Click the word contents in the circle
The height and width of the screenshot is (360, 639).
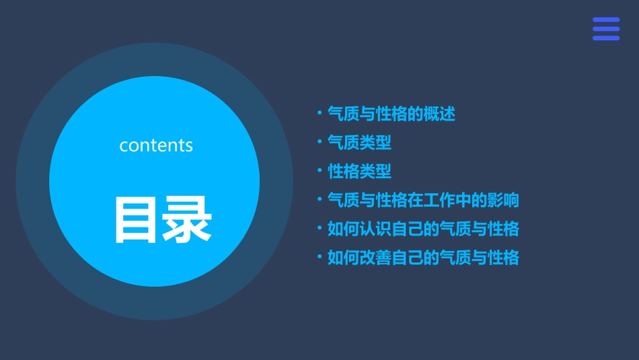[156, 145]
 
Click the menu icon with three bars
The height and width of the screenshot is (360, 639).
[605, 29]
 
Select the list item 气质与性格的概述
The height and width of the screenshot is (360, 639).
[391, 114]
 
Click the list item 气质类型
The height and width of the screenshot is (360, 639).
[359, 143]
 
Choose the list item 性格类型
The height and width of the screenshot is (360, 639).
[359, 172]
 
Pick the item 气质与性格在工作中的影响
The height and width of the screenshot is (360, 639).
[422, 200]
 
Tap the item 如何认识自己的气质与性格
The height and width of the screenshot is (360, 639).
[422, 229]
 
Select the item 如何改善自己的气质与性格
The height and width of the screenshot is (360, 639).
[422, 258]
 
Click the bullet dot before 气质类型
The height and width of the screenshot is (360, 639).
[319, 142]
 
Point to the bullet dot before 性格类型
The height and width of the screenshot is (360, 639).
[319, 171]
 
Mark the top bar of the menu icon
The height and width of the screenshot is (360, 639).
[605, 20]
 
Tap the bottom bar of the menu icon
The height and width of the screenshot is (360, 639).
[605, 38]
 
